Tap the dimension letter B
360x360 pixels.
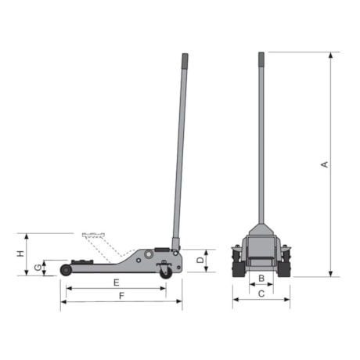(261, 278)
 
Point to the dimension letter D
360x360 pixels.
(200, 259)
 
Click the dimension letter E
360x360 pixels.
(115, 282)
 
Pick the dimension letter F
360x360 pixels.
(121, 296)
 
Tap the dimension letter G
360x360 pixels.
(37, 268)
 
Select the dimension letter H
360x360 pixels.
(21, 254)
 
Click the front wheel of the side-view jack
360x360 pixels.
(66, 269)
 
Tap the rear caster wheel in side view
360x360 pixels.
(165, 272)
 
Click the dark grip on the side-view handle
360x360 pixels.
(185, 61)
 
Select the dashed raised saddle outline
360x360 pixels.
(92, 236)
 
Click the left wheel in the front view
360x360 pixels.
(236, 261)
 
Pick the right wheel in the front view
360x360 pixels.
(286, 261)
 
